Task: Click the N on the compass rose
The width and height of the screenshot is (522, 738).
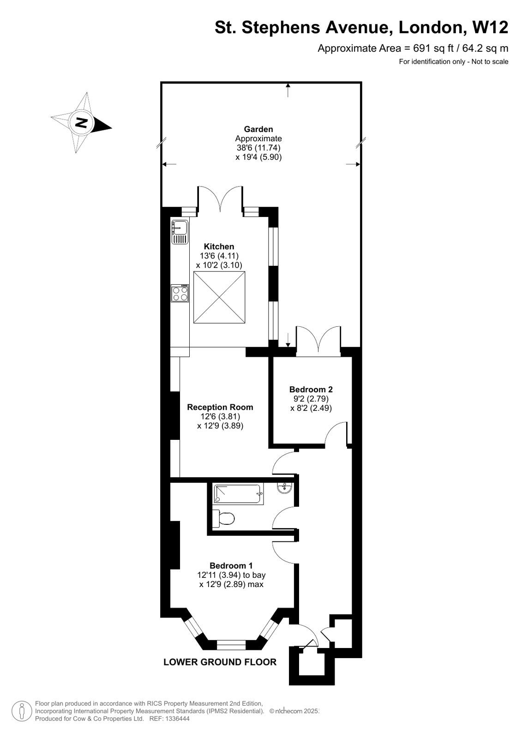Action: coord(82,123)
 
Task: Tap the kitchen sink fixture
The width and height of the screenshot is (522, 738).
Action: coord(180,232)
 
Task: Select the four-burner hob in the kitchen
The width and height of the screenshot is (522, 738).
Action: coord(180,294)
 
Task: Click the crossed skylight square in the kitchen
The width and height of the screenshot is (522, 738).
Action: coord(219,297)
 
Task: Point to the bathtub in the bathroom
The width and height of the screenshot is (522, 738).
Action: coord(238,494)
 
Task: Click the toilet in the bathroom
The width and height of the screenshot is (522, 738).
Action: coord(223,518)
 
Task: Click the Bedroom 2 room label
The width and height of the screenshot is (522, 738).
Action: coord(311,389)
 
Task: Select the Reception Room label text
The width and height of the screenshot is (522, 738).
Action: coord(220,407)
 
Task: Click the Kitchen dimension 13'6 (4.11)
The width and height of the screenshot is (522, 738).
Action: coord(219,256)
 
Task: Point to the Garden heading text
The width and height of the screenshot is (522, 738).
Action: coord(258,129)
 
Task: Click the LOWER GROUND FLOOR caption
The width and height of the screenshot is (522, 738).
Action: coord(220,662)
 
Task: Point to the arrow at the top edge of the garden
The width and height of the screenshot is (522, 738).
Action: coord(288,90)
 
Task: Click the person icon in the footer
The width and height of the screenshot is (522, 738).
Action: coord(22,711)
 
